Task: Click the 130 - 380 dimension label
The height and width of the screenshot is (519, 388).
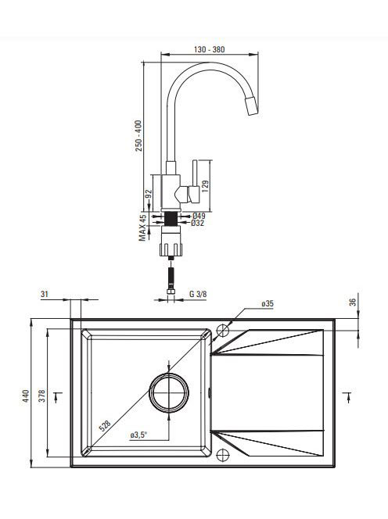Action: click(209, 49)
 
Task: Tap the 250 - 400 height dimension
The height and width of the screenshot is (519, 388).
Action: click(138, 136)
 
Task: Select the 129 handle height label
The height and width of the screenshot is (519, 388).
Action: click(205, 186)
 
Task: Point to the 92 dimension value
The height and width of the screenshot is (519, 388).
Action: click(149, 193)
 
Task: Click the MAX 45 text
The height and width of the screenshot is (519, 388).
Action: click(142, 227)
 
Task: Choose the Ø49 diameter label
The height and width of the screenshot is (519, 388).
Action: click(199, 216)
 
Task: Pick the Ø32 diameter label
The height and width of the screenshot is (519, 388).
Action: click(198, 223)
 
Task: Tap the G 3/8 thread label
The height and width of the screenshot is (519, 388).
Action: click(198, 294)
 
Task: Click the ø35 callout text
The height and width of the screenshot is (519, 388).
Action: click(268, 303)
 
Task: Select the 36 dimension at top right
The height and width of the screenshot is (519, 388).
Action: click(353, 302)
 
